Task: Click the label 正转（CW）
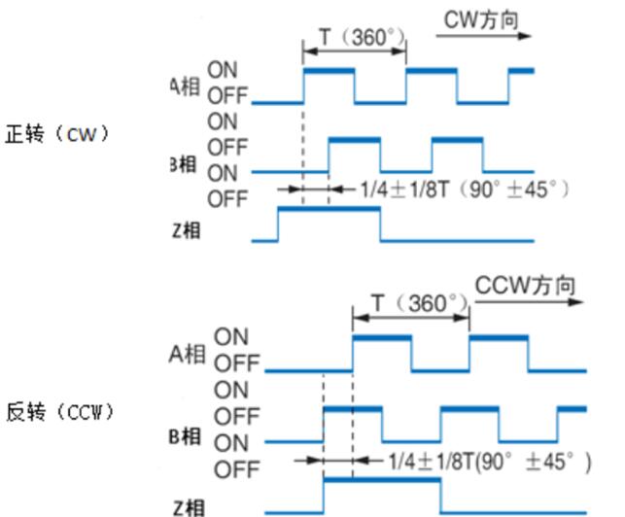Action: pos(57,134)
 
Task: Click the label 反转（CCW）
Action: pos(60,412)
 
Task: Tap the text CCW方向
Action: pos(525,285)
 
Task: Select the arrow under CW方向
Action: pos(484,37)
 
